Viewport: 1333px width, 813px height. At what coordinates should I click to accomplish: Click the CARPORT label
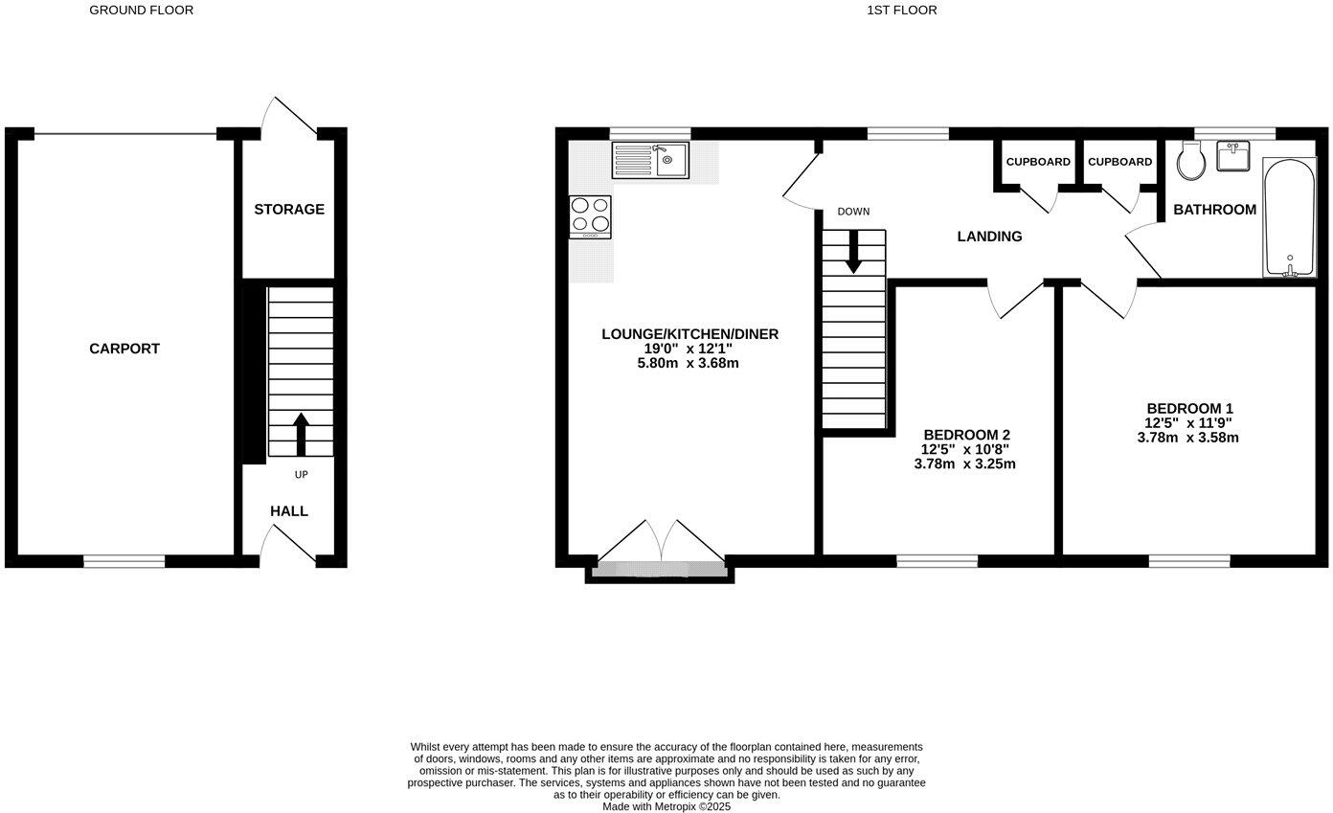124,349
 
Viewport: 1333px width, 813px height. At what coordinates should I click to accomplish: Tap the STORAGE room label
289,209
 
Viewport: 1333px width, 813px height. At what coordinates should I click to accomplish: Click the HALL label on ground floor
288,511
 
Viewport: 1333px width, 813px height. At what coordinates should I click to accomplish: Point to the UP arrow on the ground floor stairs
301,434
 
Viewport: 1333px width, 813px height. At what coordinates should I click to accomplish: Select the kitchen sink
650,160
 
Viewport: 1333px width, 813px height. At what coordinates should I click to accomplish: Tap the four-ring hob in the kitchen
590,215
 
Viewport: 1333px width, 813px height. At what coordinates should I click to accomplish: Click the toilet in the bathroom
1191,161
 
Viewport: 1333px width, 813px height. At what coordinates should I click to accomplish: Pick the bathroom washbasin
1233,156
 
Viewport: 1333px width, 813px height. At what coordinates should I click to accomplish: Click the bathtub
1289,217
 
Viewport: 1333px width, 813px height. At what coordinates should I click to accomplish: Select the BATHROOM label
1214,210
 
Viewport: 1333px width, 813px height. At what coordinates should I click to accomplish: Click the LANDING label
989,237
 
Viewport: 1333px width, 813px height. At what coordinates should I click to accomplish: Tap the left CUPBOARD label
1038,162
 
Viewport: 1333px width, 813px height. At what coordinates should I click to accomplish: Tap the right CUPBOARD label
1119,162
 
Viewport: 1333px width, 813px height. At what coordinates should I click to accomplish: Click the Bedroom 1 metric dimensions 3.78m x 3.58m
1187,438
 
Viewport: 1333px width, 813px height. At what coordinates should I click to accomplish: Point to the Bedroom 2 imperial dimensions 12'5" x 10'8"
964,449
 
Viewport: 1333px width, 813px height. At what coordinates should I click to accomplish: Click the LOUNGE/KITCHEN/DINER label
689,334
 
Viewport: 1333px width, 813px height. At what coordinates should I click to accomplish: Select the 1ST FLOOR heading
901,11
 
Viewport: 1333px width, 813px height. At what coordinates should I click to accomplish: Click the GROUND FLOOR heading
141,11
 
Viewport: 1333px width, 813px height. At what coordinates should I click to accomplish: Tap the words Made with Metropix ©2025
666,806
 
